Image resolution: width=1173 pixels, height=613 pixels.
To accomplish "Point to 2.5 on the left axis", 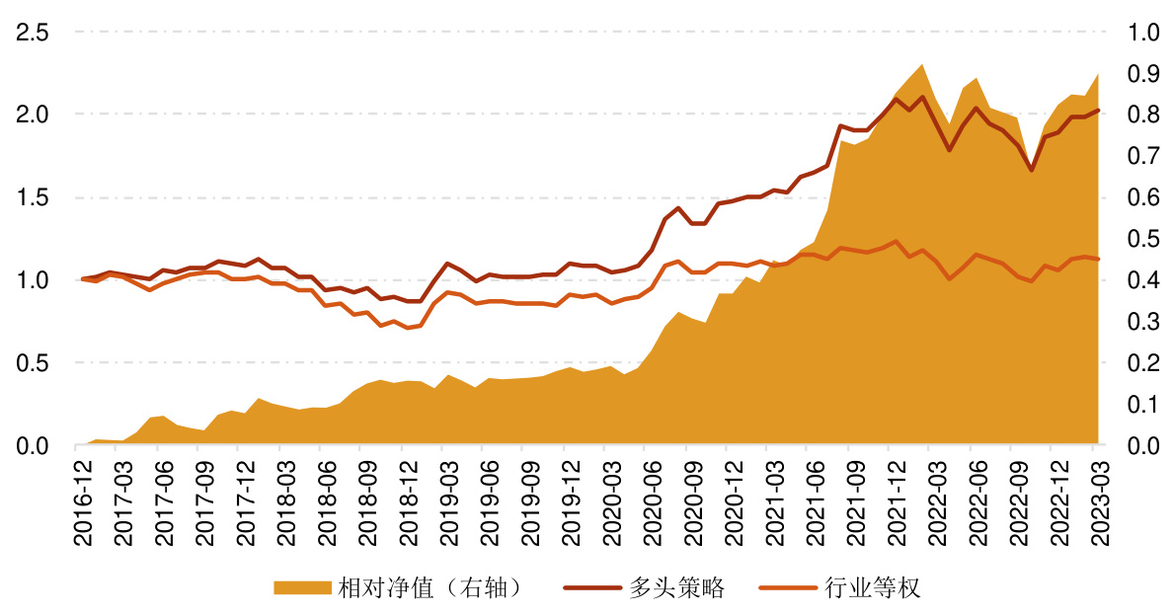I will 33,33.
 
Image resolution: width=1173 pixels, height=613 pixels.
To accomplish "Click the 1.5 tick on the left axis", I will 33,197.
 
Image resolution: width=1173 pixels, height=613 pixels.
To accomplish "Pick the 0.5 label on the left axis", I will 33,363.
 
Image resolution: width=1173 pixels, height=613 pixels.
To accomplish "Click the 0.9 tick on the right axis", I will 1142,74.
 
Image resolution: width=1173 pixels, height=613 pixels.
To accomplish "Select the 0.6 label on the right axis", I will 1142,197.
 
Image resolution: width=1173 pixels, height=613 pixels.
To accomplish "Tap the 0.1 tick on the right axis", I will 1142,405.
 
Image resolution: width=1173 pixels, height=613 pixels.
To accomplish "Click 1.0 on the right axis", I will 1142,33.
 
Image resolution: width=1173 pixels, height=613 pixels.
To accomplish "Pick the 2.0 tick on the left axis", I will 33,115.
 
